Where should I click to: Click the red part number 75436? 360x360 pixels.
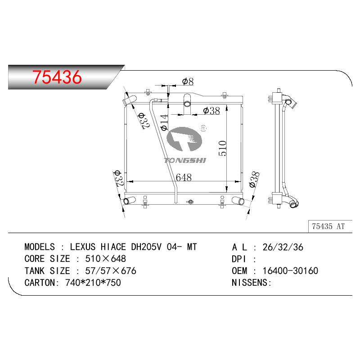(57, 77)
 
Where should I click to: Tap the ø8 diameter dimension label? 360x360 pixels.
(188, 81)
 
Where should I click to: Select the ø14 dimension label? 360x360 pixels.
(164, 122)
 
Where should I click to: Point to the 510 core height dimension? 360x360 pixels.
(222, 148)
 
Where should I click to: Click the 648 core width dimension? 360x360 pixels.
(184, 177)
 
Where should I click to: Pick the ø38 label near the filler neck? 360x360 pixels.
(211, 111)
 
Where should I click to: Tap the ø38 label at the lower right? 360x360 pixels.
(254, 180)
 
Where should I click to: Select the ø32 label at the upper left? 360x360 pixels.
(144, 121)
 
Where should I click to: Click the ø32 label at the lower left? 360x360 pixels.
(118, 178)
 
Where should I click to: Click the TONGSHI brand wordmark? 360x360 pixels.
(185, 160)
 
